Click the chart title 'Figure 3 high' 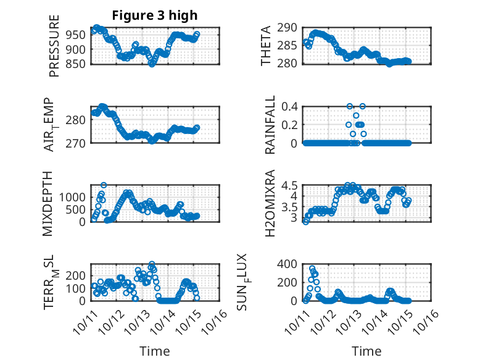pos(154,15)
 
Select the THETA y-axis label pos(266,45)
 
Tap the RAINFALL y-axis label pos(270,124)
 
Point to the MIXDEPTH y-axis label pos(48,203)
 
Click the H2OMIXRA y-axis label pos(270,203)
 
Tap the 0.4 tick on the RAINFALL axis pos(292,106)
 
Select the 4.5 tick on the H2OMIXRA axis pos(292,185)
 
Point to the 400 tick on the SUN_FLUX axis pos(290,264)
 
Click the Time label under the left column pos(154,351)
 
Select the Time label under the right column pos(366,351)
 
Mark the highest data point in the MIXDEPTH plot pos(104,185)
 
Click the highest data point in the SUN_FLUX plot pos(312,269)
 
